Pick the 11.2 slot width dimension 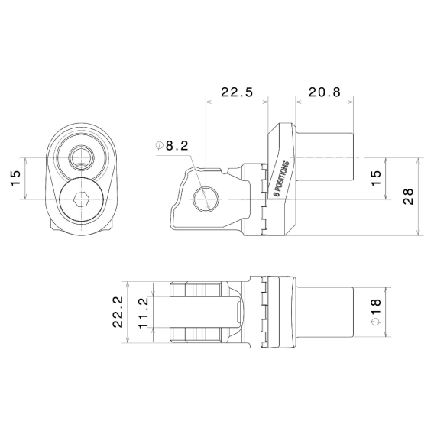[x=144, y=312]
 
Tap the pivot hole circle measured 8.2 [x=204, y=199]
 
